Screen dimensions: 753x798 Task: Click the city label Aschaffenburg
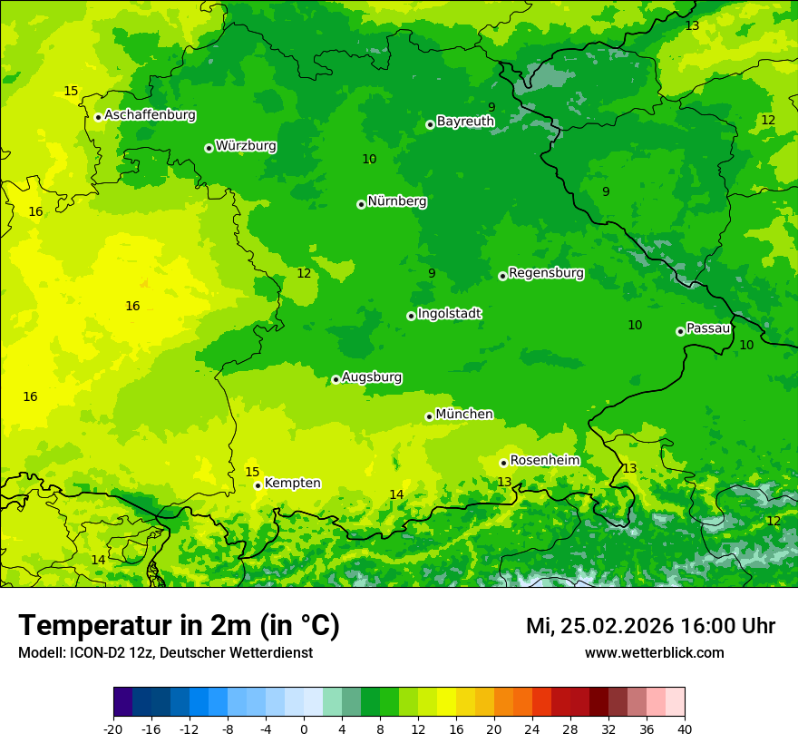pyautogui.click(x=150, y=115)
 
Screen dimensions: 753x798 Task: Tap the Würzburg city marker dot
pyautogui.click(x=209, y=148)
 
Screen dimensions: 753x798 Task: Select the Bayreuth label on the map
pyautogui.click(x=465, y=121)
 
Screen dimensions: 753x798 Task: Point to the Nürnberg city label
pyautogui.click(x=396, y=201)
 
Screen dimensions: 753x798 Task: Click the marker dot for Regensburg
pyautogui.click(x=502, y=276)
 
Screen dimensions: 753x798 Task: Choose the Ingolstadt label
pyautogui.click(x=449, y=314)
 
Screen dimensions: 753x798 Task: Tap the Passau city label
pyautogui.click(x=707, y=328)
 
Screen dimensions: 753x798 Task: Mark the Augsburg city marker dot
pyautogui.click(x=336, y=379)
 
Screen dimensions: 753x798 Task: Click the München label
pyautogui.click(x=464, y=415)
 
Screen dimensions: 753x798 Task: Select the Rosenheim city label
pyautogui.click(x=544, y=461)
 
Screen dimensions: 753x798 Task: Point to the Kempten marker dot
pyautogui.click(x=258, y=485)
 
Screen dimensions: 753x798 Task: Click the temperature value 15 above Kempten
pyautogui.click(x=252, y=472)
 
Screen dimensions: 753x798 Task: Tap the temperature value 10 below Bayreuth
pyautogui.click(x=369, y=159)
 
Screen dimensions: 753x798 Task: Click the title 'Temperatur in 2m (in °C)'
pyautogui.click(x=179, y=626)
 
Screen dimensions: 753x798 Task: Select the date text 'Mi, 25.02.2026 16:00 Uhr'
pyautogui.click(x=650, y=626)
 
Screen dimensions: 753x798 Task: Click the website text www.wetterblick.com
pyautogui.click(x=654, y=653)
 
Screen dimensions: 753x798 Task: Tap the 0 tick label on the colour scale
pyautogui.click(x=304, y=729)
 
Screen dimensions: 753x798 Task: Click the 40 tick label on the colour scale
pyautogui.click(x=684, y=729)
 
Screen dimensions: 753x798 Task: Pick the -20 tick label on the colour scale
pyautogui.click(x=112, y=729)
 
